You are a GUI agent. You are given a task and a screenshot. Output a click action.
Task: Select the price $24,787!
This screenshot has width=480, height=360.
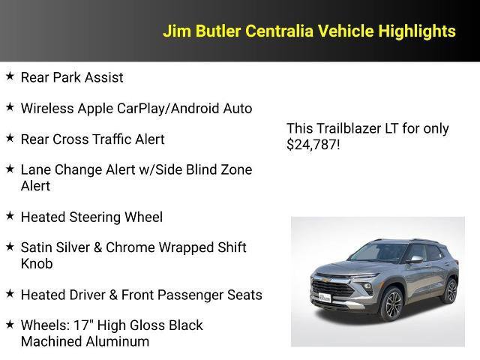[313, 145]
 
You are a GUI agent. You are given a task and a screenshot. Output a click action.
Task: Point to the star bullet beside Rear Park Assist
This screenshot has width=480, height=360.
[10, 76]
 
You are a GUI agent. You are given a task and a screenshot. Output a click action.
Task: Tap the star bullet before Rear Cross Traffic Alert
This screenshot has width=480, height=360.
[10, 139]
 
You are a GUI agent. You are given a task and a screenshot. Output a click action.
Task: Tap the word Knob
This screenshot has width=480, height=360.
[37, 264]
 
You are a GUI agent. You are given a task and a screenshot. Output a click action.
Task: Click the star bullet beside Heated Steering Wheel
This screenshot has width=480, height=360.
[10, 216]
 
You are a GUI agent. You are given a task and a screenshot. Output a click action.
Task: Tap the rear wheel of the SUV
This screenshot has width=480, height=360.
[450, 289]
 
